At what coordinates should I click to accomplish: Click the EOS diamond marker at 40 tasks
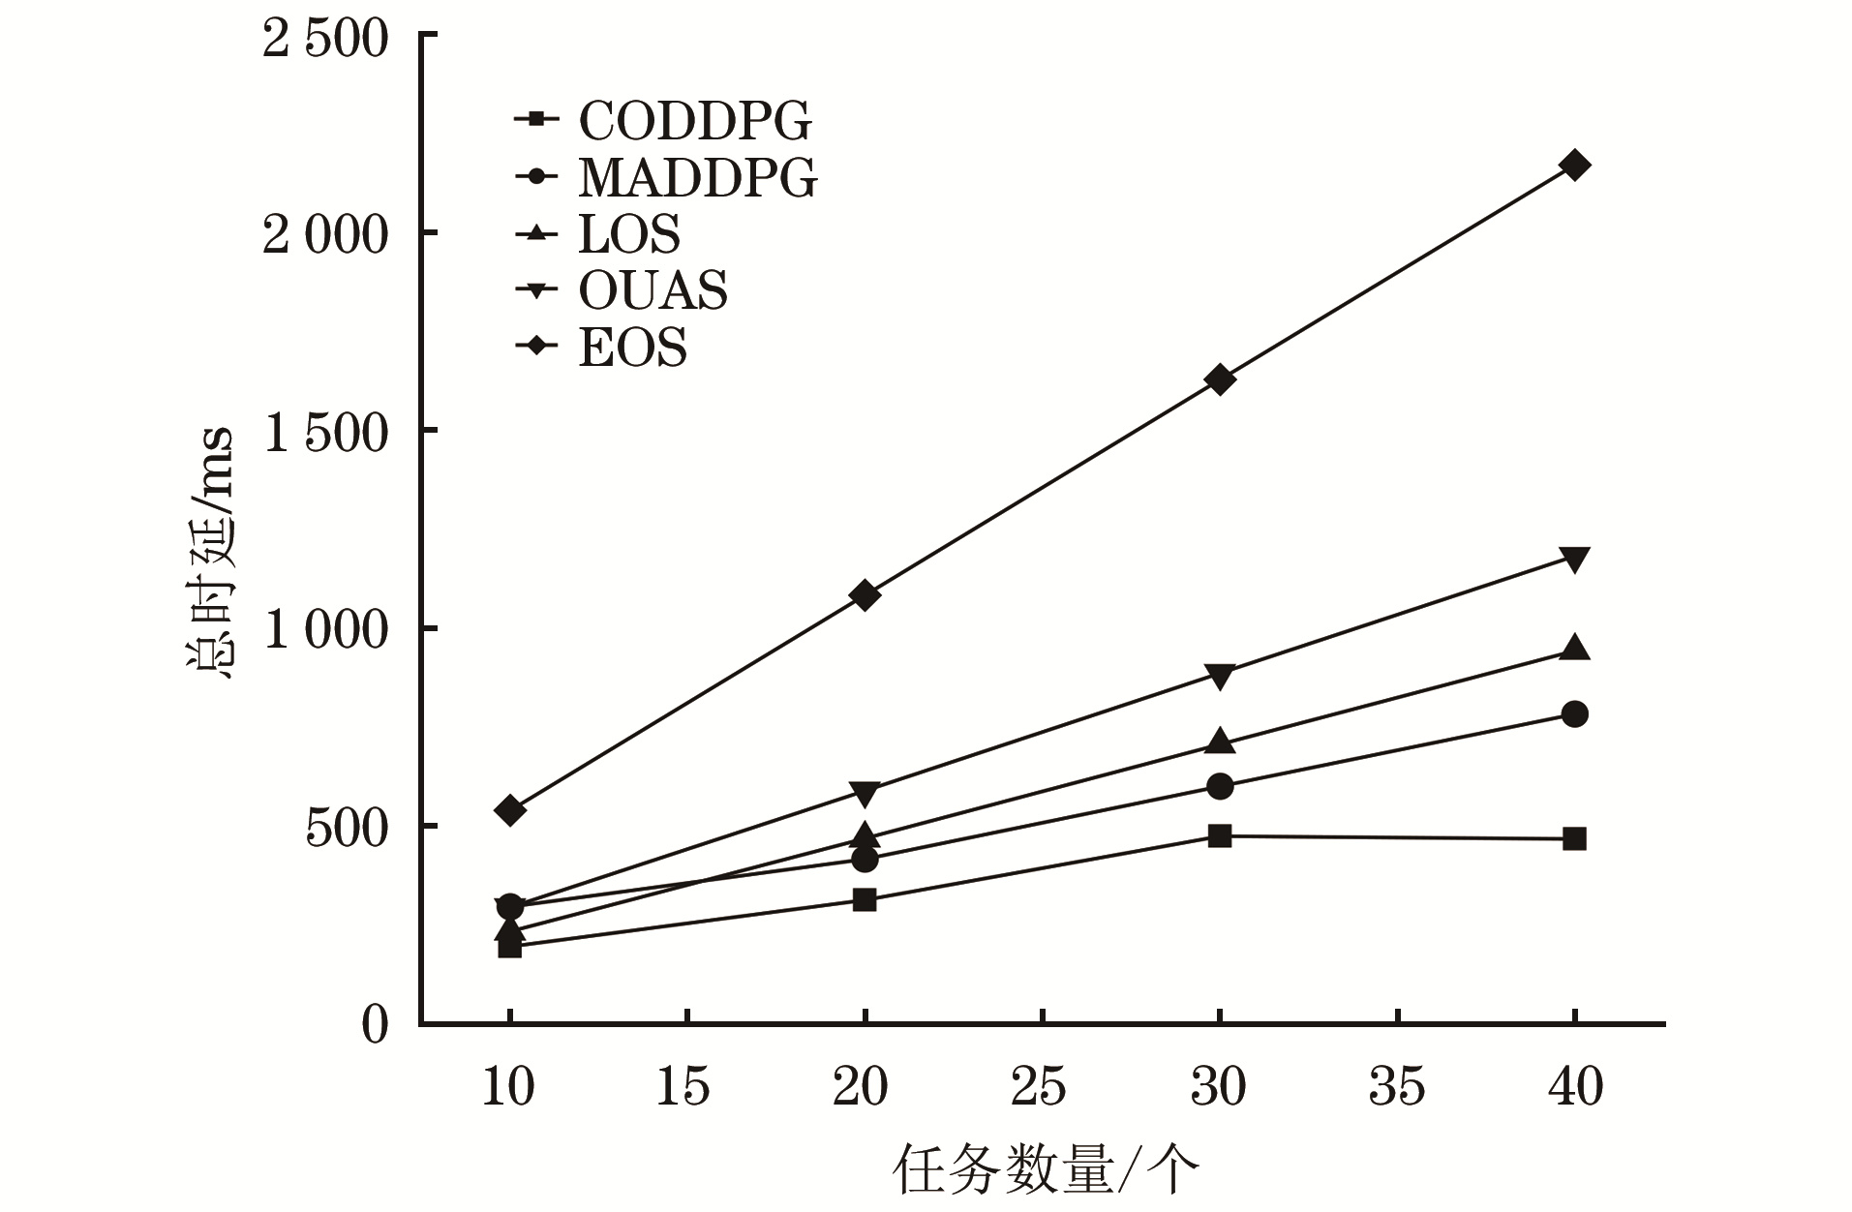coord(1574,165)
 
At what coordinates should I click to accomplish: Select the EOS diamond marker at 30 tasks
coord(1220,379)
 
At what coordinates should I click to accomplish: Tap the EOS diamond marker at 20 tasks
coord(865,594)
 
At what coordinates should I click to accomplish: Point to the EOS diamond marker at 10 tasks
coord(510,810)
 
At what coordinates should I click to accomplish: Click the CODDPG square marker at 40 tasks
coord(1574,838)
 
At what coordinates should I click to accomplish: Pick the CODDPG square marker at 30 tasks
coord(1220,835)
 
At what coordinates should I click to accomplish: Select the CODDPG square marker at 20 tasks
coord(865,900)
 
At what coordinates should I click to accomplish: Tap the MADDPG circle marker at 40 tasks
coord(1574,714)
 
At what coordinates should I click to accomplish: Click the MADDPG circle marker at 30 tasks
coord(1220,786)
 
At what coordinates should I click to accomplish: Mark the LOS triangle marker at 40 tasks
coord(1574,648)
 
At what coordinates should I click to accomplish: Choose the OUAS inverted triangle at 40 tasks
coord(1574,559)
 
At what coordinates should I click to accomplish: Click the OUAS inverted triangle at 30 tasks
coord(1220,676)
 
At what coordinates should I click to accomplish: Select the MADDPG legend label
coord(697,177)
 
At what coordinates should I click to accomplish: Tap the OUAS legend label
coord(653,290)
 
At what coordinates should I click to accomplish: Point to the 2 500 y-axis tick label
coord(325,41)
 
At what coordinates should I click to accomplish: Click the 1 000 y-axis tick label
coord(325,630)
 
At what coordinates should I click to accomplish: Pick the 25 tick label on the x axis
coord(1040,1087)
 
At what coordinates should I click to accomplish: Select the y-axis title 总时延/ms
coord(211,552)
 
